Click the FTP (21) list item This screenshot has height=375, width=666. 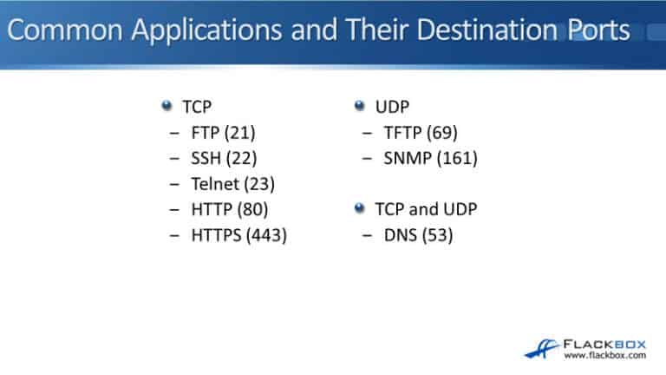click(x=224, y=133)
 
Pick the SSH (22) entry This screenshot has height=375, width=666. click(x=225, y=158)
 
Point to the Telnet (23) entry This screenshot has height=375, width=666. click(x=232, y=183)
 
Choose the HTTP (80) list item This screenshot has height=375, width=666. click(x=230, y=209)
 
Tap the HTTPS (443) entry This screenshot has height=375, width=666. click(x=238, y=234)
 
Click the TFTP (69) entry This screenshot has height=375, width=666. click(x=421, y=133)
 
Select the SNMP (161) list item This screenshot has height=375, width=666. click(x=431, y=158)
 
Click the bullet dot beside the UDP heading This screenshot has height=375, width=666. click(x=359, y=106)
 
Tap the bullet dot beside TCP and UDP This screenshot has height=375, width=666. click(x=359, y=208)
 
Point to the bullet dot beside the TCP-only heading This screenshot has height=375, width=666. click(x=166, y=106)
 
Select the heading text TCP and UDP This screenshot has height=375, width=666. click(x=426, y=209)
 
